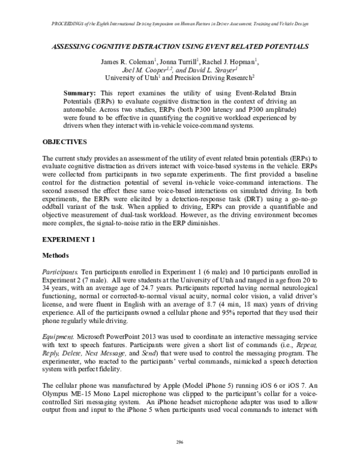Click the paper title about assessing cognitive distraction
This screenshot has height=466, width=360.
180,45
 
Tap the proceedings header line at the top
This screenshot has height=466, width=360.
180,23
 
